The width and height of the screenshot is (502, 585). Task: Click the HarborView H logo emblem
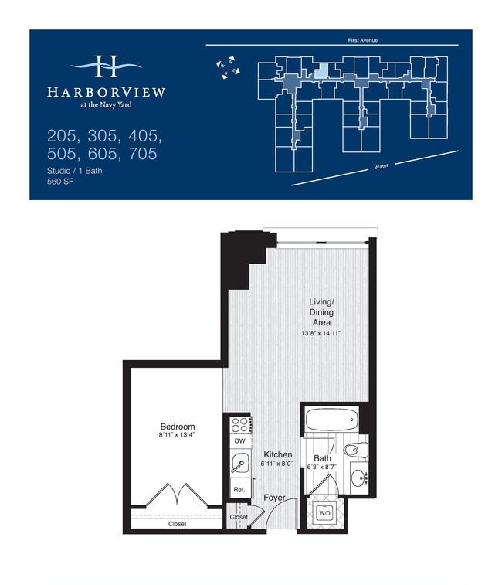(x=107, y=66)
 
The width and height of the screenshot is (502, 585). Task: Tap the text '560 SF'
(x=60, y=182)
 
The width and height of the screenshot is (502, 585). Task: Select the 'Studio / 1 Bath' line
(x=75, y=171)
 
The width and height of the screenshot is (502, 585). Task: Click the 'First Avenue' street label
(x=362, y=40)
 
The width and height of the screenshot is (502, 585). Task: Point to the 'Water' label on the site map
(x=382, y=166)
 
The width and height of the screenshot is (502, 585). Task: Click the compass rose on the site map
(x=228, y=67)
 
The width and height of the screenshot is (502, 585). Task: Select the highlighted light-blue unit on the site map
(x=321, y=70)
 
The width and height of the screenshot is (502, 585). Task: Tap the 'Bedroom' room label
(x=178, y=427)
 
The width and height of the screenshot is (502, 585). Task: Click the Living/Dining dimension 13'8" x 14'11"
(x=321, y=333)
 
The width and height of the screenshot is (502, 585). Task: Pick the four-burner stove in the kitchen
(x=240, y=424)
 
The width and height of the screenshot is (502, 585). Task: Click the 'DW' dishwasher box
(x=240, y=441)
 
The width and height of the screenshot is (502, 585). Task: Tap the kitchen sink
(x=240, y=463)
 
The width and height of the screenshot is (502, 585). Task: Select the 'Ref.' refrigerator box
(x=240, y=489)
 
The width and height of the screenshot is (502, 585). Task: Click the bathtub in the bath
(x=331, y=420)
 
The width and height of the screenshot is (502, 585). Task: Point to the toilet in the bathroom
(x=356, y=450)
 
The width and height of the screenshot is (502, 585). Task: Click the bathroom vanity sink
(x=360, y=477)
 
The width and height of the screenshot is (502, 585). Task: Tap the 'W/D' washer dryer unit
(x=324, y=513)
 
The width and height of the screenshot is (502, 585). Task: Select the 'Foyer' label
(x=274, y=498)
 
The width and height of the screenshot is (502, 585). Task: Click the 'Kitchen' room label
(x=278, y=454)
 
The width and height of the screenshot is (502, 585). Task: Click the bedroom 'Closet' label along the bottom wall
(x=177, y=524)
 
